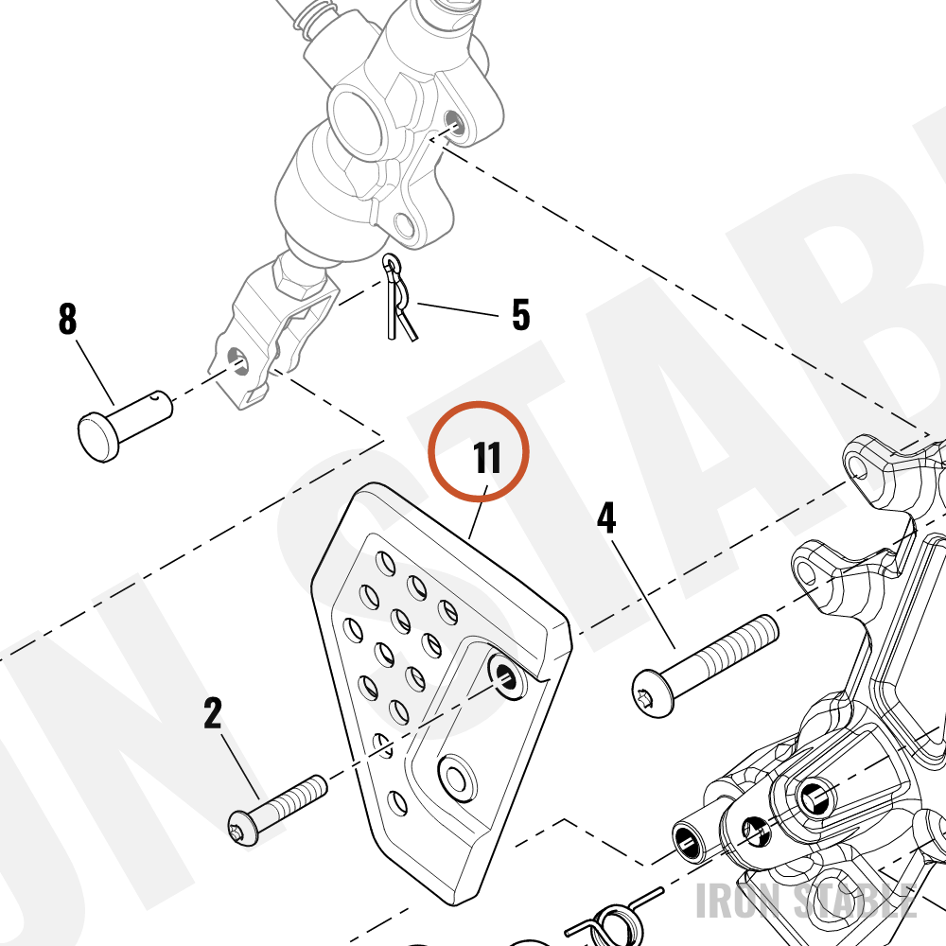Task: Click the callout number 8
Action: pos(67,319)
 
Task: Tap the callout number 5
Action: pos(520,314)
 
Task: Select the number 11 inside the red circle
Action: pos(487,458)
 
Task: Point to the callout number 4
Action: pos(606,517)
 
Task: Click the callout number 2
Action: pos(213,713)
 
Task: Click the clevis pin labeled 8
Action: pos(125,426)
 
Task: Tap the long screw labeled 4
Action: pos(706,665)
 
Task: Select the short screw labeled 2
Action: pos(277,811)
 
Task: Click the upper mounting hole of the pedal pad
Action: pos(505,674)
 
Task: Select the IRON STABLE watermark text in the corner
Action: pos(806,901)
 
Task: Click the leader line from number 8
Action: pos(95,373)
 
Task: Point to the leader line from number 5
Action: pos(458,309)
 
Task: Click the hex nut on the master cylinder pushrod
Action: pos(300,276)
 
